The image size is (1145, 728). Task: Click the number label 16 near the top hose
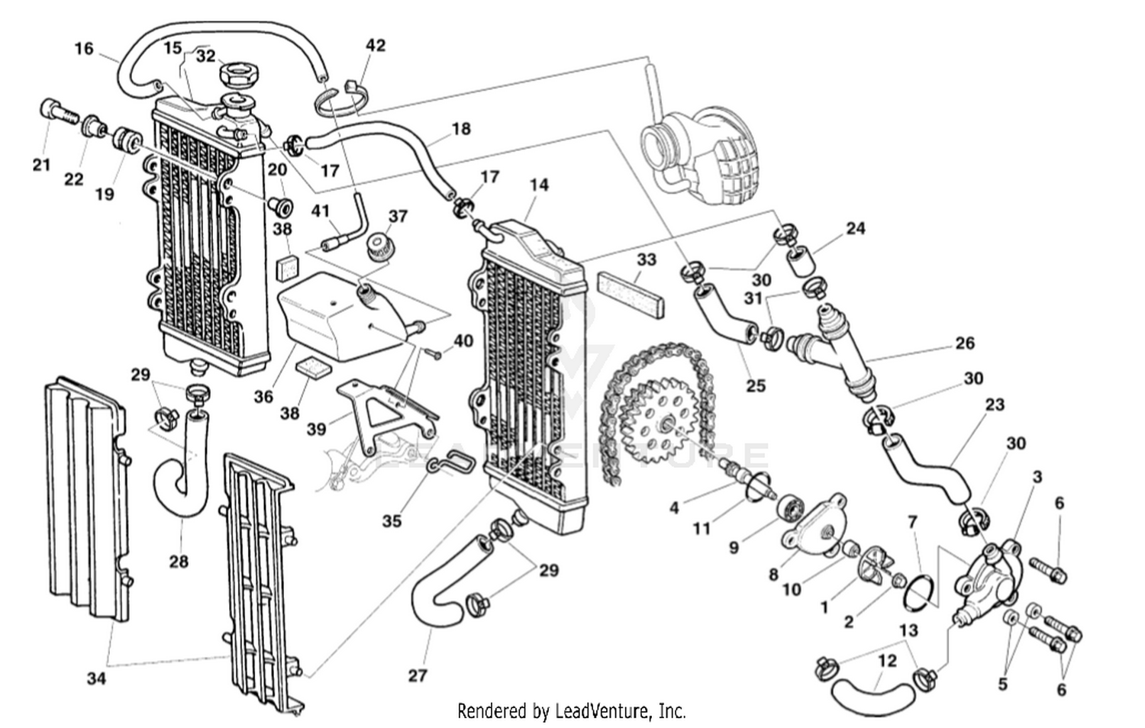tap(84, 49)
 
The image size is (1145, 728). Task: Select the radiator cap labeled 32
tap(240, 76)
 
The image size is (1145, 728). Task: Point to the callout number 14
tap(539, 185)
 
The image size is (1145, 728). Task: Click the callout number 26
tap(965, 343)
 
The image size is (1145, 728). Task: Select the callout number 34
tap(95, 677)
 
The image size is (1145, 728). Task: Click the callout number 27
tap(418, 675)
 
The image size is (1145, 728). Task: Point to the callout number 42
tap(376, 45)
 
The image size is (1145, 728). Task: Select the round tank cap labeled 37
tap(376, 246)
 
